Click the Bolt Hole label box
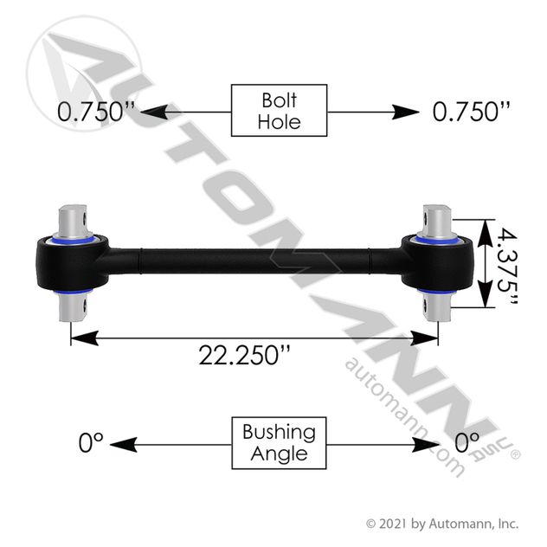(279, 110)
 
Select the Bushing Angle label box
(279, 442)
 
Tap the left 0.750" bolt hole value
(96, 112)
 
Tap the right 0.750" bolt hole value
(472, 112)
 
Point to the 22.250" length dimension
(244, 355)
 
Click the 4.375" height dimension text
(507, 266)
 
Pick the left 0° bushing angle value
(91, 442)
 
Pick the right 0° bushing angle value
(467, 442)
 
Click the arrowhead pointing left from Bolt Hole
(154, 112)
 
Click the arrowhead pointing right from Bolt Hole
(405, 112)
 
